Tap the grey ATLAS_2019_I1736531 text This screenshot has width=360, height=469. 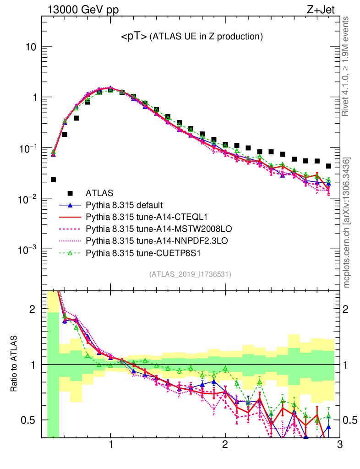pos(190,274)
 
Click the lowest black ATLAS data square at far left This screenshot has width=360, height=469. pos(53,180)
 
